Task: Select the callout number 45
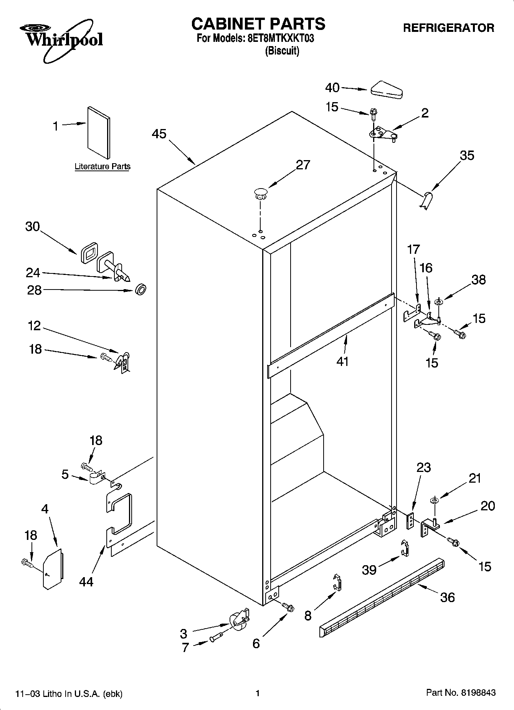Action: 159,134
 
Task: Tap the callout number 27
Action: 303,165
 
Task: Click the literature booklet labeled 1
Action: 99,132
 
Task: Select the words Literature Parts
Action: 102,167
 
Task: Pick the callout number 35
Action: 467,156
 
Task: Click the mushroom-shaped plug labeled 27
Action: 261,192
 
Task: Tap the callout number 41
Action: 342,361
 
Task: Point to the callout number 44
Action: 86,582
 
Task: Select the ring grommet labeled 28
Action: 141,290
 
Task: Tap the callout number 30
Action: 33,227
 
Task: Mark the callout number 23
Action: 423,468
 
